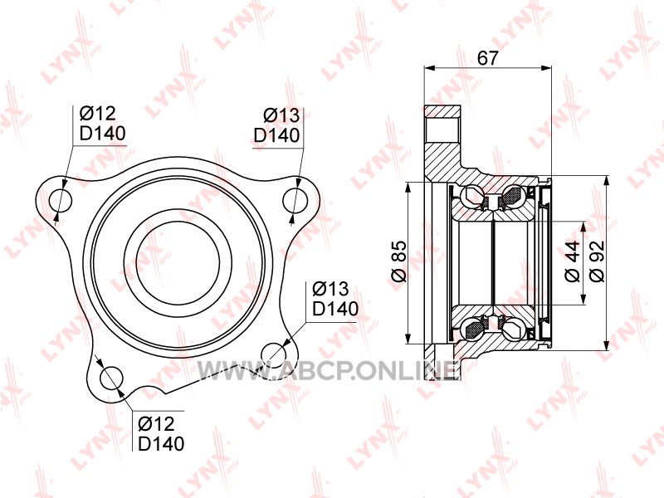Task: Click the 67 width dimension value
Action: click(488, 57)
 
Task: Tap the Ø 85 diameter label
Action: click(398, 261)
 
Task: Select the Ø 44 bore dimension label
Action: click(573, 261)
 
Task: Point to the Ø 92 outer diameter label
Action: click(597, 261)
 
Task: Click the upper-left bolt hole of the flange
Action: click(61, 200)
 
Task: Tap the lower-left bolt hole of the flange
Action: click(111, 378)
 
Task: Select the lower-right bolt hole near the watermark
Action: click(273, 354)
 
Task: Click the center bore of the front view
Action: click(178, 262)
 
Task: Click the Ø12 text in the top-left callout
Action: click(97, 113)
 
